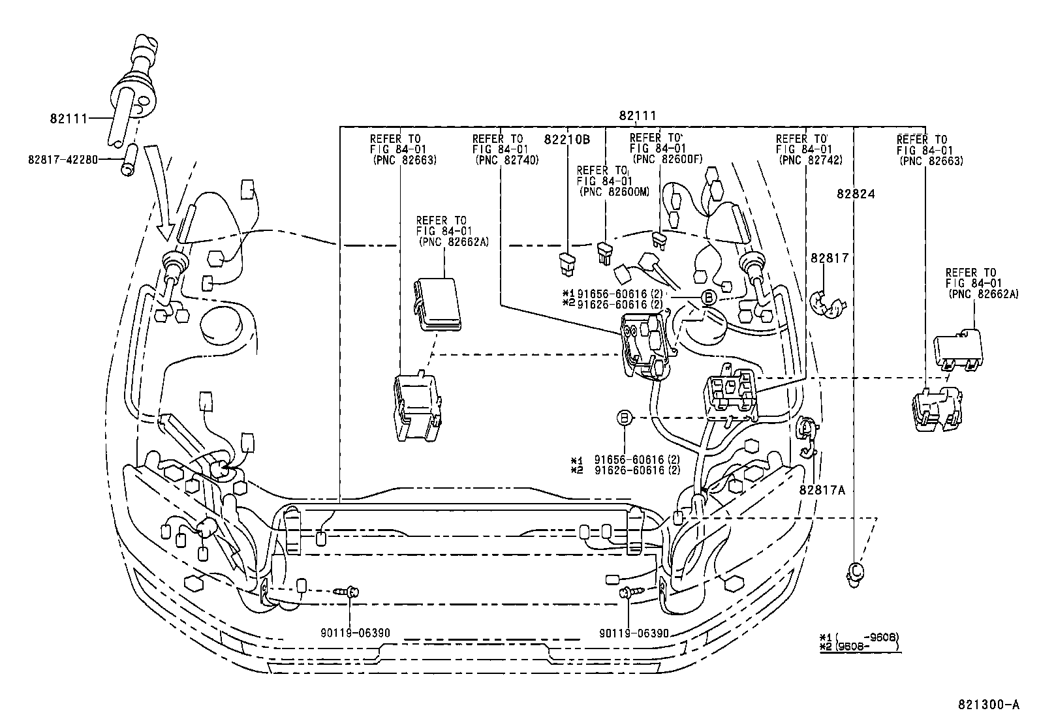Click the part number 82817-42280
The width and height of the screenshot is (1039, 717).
[63, 158]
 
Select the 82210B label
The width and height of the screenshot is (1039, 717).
[566, 139]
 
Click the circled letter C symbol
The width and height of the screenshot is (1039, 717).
[853, 570]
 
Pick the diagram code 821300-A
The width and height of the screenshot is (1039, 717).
[988, 705]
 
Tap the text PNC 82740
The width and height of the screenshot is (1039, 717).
[507, 160]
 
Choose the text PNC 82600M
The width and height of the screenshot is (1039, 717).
[615, 191]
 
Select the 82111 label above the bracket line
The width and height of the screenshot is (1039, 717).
[637, 115]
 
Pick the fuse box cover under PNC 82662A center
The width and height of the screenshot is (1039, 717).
[435, 303]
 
